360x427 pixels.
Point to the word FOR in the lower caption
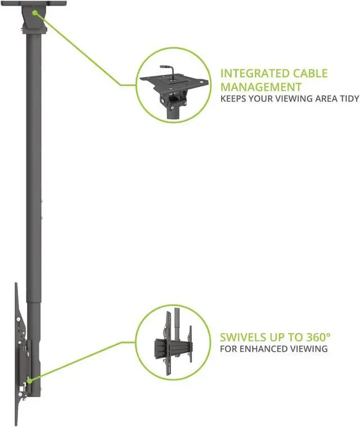click(x=229, y=349)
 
